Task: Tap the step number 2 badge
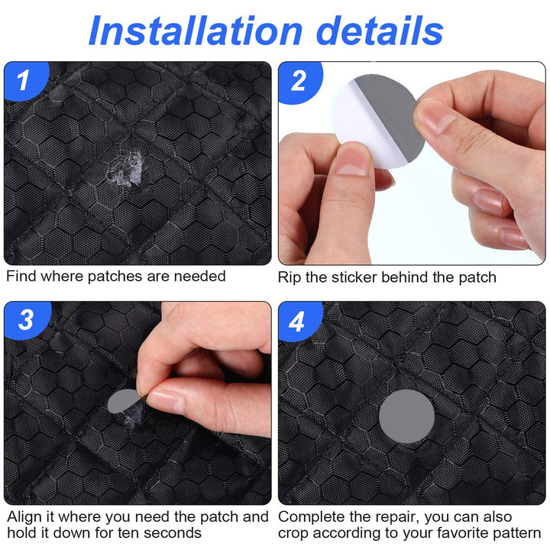pos(296,80)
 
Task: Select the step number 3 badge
pos(24,320)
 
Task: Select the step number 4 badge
pos(296,320)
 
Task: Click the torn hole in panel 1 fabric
pos(124,169)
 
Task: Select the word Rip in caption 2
pos(290,277)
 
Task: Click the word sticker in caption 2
pos(359,277)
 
